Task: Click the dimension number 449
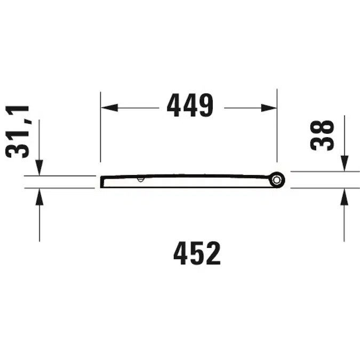[x=190, y=105]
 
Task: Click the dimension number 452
[x=197, y=253]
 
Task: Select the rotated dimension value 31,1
[x=17, y=132]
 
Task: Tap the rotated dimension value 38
[x=322, y=135]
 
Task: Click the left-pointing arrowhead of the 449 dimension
[x=109, y=108]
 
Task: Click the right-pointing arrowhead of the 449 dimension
[x=269, y=108]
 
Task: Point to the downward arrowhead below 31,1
[x=39, y=167]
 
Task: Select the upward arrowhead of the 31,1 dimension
[x=39, y=196]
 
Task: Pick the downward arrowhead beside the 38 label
[x=345, y=163]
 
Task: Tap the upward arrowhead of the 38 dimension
[x=344, y=196]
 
